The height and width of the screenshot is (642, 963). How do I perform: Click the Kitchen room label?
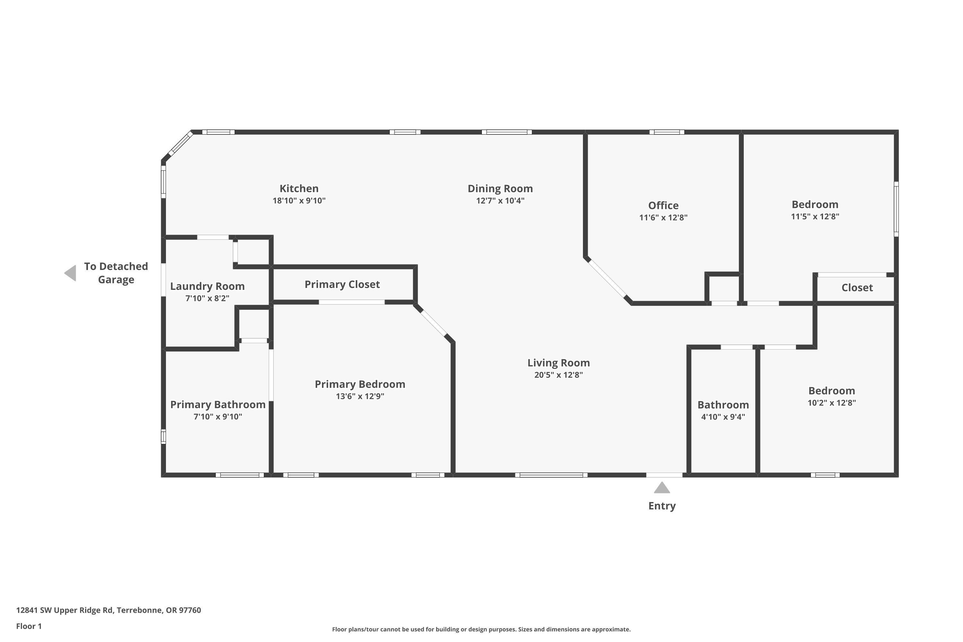coord(299,188)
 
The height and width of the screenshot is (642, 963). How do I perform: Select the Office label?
coord(663,205)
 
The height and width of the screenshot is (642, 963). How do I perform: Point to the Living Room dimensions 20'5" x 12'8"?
coord(558,375)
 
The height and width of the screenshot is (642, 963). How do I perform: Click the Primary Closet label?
coord(342,284)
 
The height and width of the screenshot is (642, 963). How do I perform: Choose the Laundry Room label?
coord(207,286)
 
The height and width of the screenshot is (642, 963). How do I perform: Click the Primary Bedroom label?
coord(360,384)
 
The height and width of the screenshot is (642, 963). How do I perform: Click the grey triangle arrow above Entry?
coord(662,488)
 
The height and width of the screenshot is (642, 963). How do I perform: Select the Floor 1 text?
coord(29,626)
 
